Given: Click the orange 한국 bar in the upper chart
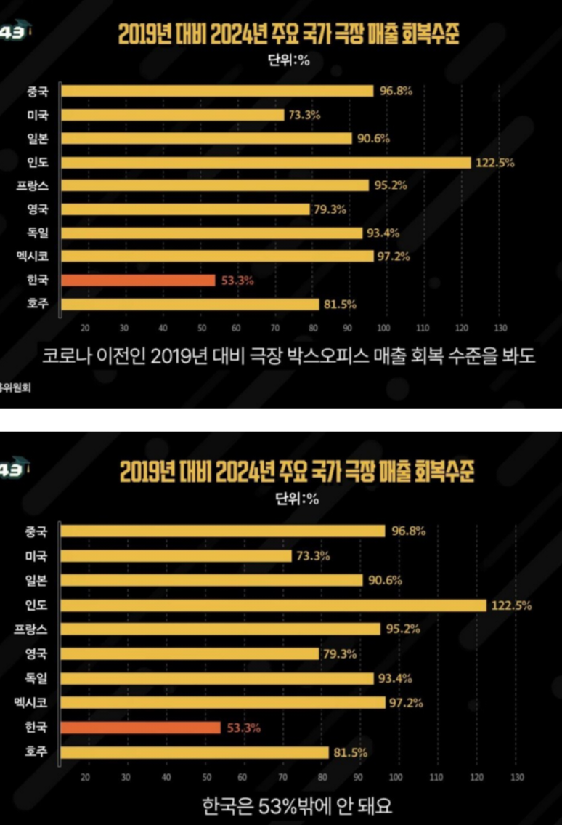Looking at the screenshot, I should tap(138, 280).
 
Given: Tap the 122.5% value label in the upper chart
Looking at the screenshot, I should tap(494, 162).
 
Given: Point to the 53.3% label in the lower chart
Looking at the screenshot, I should tap(240, 728).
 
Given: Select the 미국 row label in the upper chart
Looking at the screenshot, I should tap(36, 115).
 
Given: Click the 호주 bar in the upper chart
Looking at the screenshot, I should tap(190, 304).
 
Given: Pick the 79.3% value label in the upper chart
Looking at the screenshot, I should tap(330, 209).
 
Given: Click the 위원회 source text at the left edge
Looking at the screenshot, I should tap(9, 387).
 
